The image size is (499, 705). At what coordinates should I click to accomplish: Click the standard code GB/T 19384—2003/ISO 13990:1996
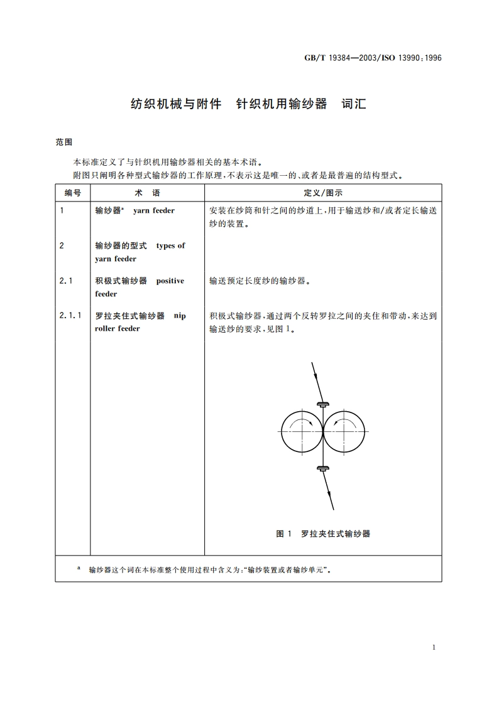[373, 57]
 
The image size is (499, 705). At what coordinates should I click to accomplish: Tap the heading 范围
[64, 143]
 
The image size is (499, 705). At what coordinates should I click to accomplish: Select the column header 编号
[73, 193]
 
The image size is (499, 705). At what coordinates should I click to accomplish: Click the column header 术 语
[148, 193]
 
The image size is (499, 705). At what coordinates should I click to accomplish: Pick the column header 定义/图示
[323, 193]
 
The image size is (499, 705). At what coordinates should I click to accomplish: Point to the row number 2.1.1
[70, 316]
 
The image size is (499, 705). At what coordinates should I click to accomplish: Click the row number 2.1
[65, 281]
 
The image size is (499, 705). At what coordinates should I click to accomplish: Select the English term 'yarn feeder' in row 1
[154, 211]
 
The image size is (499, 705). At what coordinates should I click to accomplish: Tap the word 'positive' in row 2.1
[170, 281]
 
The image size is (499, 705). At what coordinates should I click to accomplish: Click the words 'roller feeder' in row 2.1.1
[118, 328]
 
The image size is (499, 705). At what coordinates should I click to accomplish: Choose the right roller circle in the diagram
[344, 432]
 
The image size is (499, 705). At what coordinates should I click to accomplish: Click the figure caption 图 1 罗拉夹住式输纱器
[323, 534]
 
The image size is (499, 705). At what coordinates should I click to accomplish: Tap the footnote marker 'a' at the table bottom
[79, 568]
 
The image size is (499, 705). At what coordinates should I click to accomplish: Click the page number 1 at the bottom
[434, 647]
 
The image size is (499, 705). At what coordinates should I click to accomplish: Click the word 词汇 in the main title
[354, 104]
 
